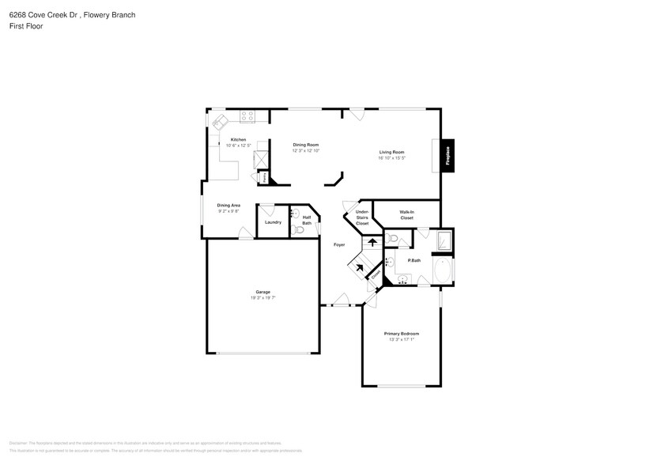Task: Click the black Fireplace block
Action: click(447, 155)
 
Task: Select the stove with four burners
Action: click(247, 117)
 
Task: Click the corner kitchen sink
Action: click(220, 121)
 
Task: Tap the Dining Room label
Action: click(305, 145)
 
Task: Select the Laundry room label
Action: click(274, 222)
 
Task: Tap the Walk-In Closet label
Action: click(406, 214)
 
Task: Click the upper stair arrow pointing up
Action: click(372, 243)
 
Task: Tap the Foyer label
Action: click(338, 244)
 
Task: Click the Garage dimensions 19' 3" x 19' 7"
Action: click(262, 298)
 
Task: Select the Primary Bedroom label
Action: click(402, 334)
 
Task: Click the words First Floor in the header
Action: click(27, 26)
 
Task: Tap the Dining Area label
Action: click(228, 205)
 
